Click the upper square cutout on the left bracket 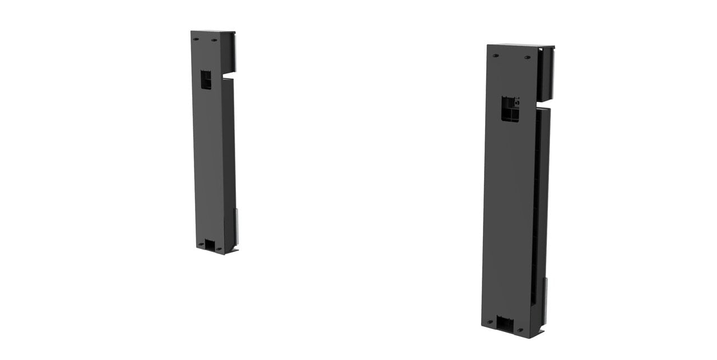206,79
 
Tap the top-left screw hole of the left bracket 196,39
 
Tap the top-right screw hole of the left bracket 214,40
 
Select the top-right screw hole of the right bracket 527,57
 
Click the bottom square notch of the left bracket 210,245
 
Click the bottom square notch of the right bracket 505,324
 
